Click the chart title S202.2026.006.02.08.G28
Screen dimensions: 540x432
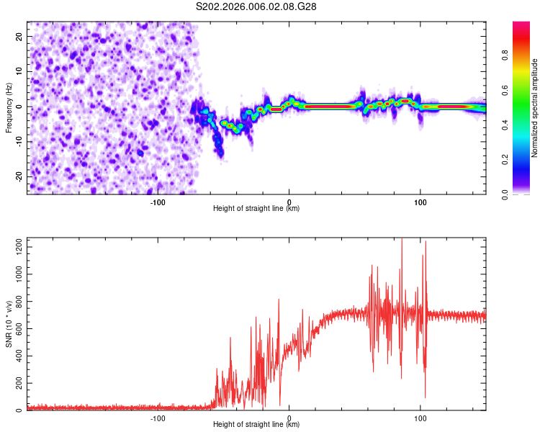point(256,6)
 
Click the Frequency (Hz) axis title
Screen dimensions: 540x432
point(9,108)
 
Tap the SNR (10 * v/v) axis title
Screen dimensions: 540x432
point(9,324)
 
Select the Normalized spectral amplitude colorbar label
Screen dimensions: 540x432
point(534,108)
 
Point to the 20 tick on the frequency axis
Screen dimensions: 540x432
point(19,36)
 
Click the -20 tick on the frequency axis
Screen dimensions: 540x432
point(19,176)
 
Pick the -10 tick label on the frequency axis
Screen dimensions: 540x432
point(19,142)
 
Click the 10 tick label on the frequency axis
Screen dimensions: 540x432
point(19,71)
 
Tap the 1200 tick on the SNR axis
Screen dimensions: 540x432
point(19,247)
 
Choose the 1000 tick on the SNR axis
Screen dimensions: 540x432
point(19,274)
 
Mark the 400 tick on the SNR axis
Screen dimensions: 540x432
point(19,356)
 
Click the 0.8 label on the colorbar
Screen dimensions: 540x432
point(505,55)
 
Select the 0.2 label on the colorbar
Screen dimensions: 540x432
point(505,160)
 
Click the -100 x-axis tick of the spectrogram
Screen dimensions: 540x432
point(158,202)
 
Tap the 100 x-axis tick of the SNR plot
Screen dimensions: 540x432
point(420,418)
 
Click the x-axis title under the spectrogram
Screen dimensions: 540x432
point(256,208)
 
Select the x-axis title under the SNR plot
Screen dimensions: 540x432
point(256,424)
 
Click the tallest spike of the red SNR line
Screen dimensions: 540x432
point(402,238)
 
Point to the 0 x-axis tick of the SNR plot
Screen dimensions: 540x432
point(289,418)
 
